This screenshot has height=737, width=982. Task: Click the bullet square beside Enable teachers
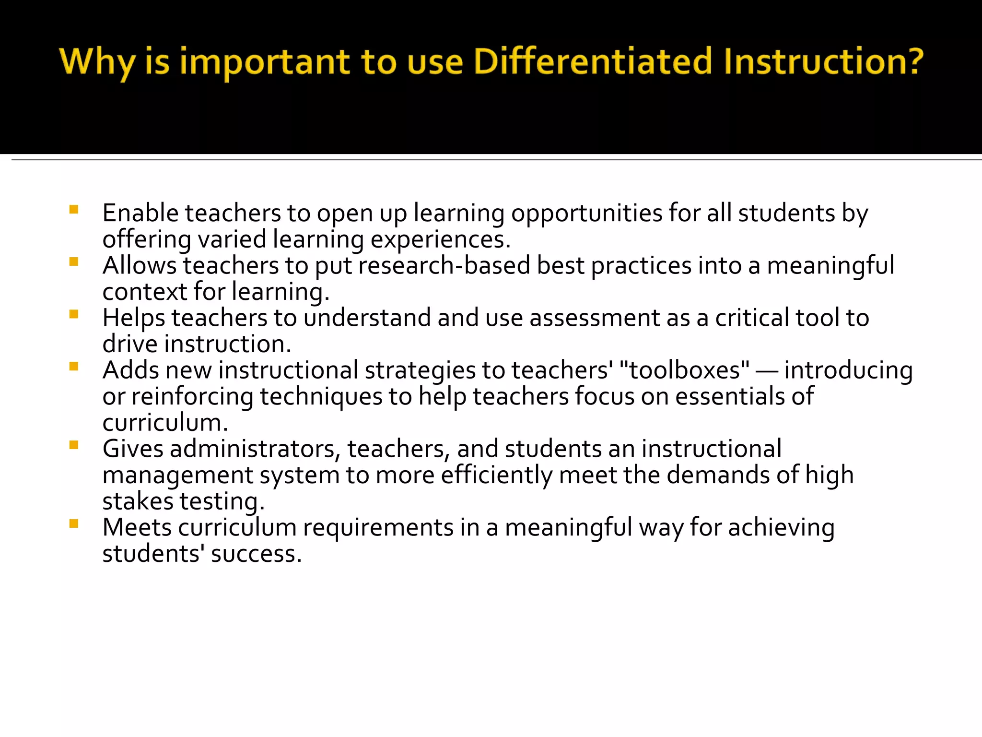coord(74,209)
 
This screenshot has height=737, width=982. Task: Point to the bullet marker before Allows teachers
coord(74,262)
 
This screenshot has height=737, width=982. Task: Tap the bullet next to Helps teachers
coord(74,314)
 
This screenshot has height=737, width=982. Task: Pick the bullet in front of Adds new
coord(74,367)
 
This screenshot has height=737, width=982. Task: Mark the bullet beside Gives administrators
coord(74,445)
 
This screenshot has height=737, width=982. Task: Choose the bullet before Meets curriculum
coord(74,523)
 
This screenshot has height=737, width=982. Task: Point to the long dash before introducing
coord(766,371)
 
